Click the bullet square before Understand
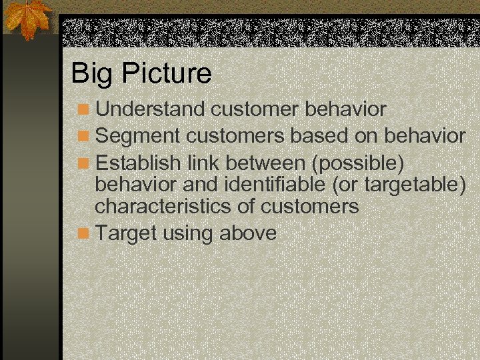83,109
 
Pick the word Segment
138,137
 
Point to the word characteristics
163,207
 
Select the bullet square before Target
83,234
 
